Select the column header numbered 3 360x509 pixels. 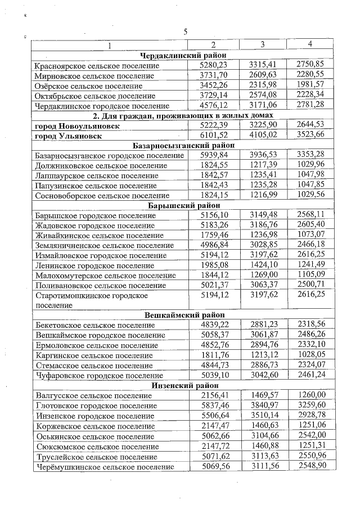[x=262, y=44]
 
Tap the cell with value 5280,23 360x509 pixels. [x=213, y=65]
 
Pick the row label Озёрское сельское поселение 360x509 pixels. [x=88, y=85]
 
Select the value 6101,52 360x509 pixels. [x=213, y=135]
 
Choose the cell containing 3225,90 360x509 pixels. [x=262, y=125]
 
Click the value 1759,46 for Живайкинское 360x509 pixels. [x=213, y=235]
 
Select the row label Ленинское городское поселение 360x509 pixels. [x=94, y=265]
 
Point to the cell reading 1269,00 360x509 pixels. [x=262, y=275]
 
